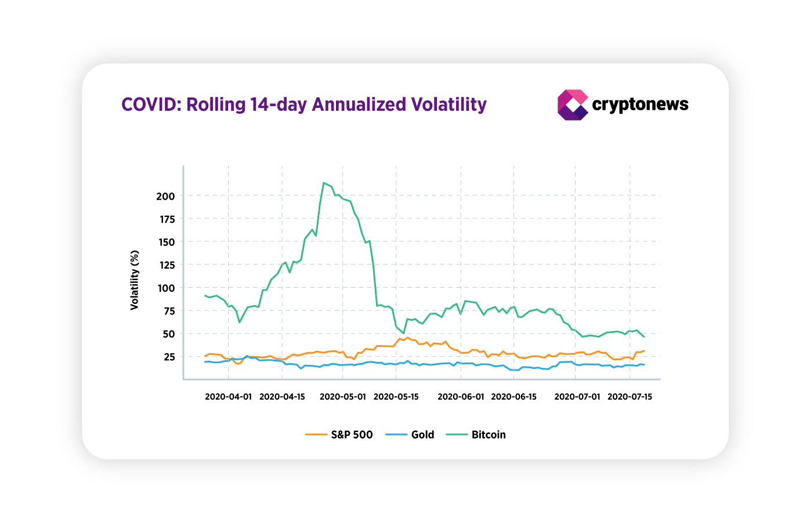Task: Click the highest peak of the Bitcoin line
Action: (x=323, y=183)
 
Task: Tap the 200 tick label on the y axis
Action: (x=165, y=196)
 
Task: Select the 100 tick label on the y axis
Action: (x=165, y=288)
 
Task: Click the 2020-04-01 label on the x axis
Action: (x=228, y=397)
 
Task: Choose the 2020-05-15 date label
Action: (x=396, y=397)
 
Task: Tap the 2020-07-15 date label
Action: (x=630, y=397)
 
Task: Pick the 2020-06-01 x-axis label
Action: (x=461, y=397)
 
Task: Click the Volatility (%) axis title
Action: (x=135, y=280)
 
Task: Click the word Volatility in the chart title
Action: (x=449, y=104)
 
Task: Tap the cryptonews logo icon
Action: (x=572, y=105)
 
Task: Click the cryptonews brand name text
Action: (x=640, y=104)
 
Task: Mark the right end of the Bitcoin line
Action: (x=643, y=336)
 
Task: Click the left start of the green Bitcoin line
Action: (x=205, y=295)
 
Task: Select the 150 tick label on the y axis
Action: (x=165, y=242)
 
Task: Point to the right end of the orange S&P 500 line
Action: (x=643, y=351)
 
